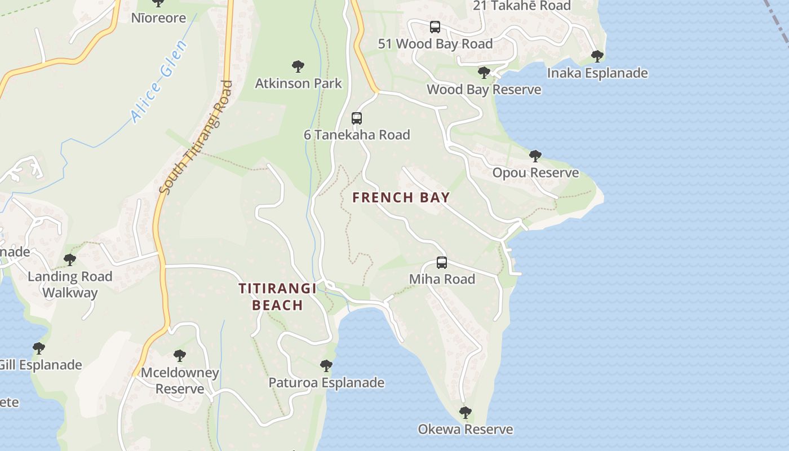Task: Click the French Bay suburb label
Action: click(x=401, y=197)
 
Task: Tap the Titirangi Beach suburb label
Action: click(x=277, y=297)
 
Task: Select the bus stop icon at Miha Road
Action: click(x=442, y=263)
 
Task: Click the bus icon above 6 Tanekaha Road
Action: click(x=356, y=118)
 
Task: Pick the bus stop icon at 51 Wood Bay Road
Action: click(x=435, y=26)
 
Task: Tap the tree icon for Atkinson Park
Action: click(x=298, y=67)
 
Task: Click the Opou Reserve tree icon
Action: click(x=535, y=156)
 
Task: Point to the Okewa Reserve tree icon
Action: click(x=465, y=412)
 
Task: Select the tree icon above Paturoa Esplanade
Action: click(x=326, y=365)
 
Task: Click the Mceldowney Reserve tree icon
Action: click(x=180, y=355)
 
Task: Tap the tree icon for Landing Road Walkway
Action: click(x=70, y=259)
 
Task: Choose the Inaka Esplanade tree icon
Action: click(x=597, y=56)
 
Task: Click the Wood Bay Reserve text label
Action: click(x=484, y=90)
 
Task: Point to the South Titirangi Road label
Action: click(x=196, y=138)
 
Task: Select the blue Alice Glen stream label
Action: click(x=158, y=82)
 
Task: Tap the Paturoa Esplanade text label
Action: click(x=326, y=383)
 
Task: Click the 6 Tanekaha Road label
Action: click(x=357, y=135)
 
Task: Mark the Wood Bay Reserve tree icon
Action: click(x=484, y=72)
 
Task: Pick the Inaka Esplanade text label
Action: click(x=597, y=73)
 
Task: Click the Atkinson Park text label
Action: click(x=298, y=83)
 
